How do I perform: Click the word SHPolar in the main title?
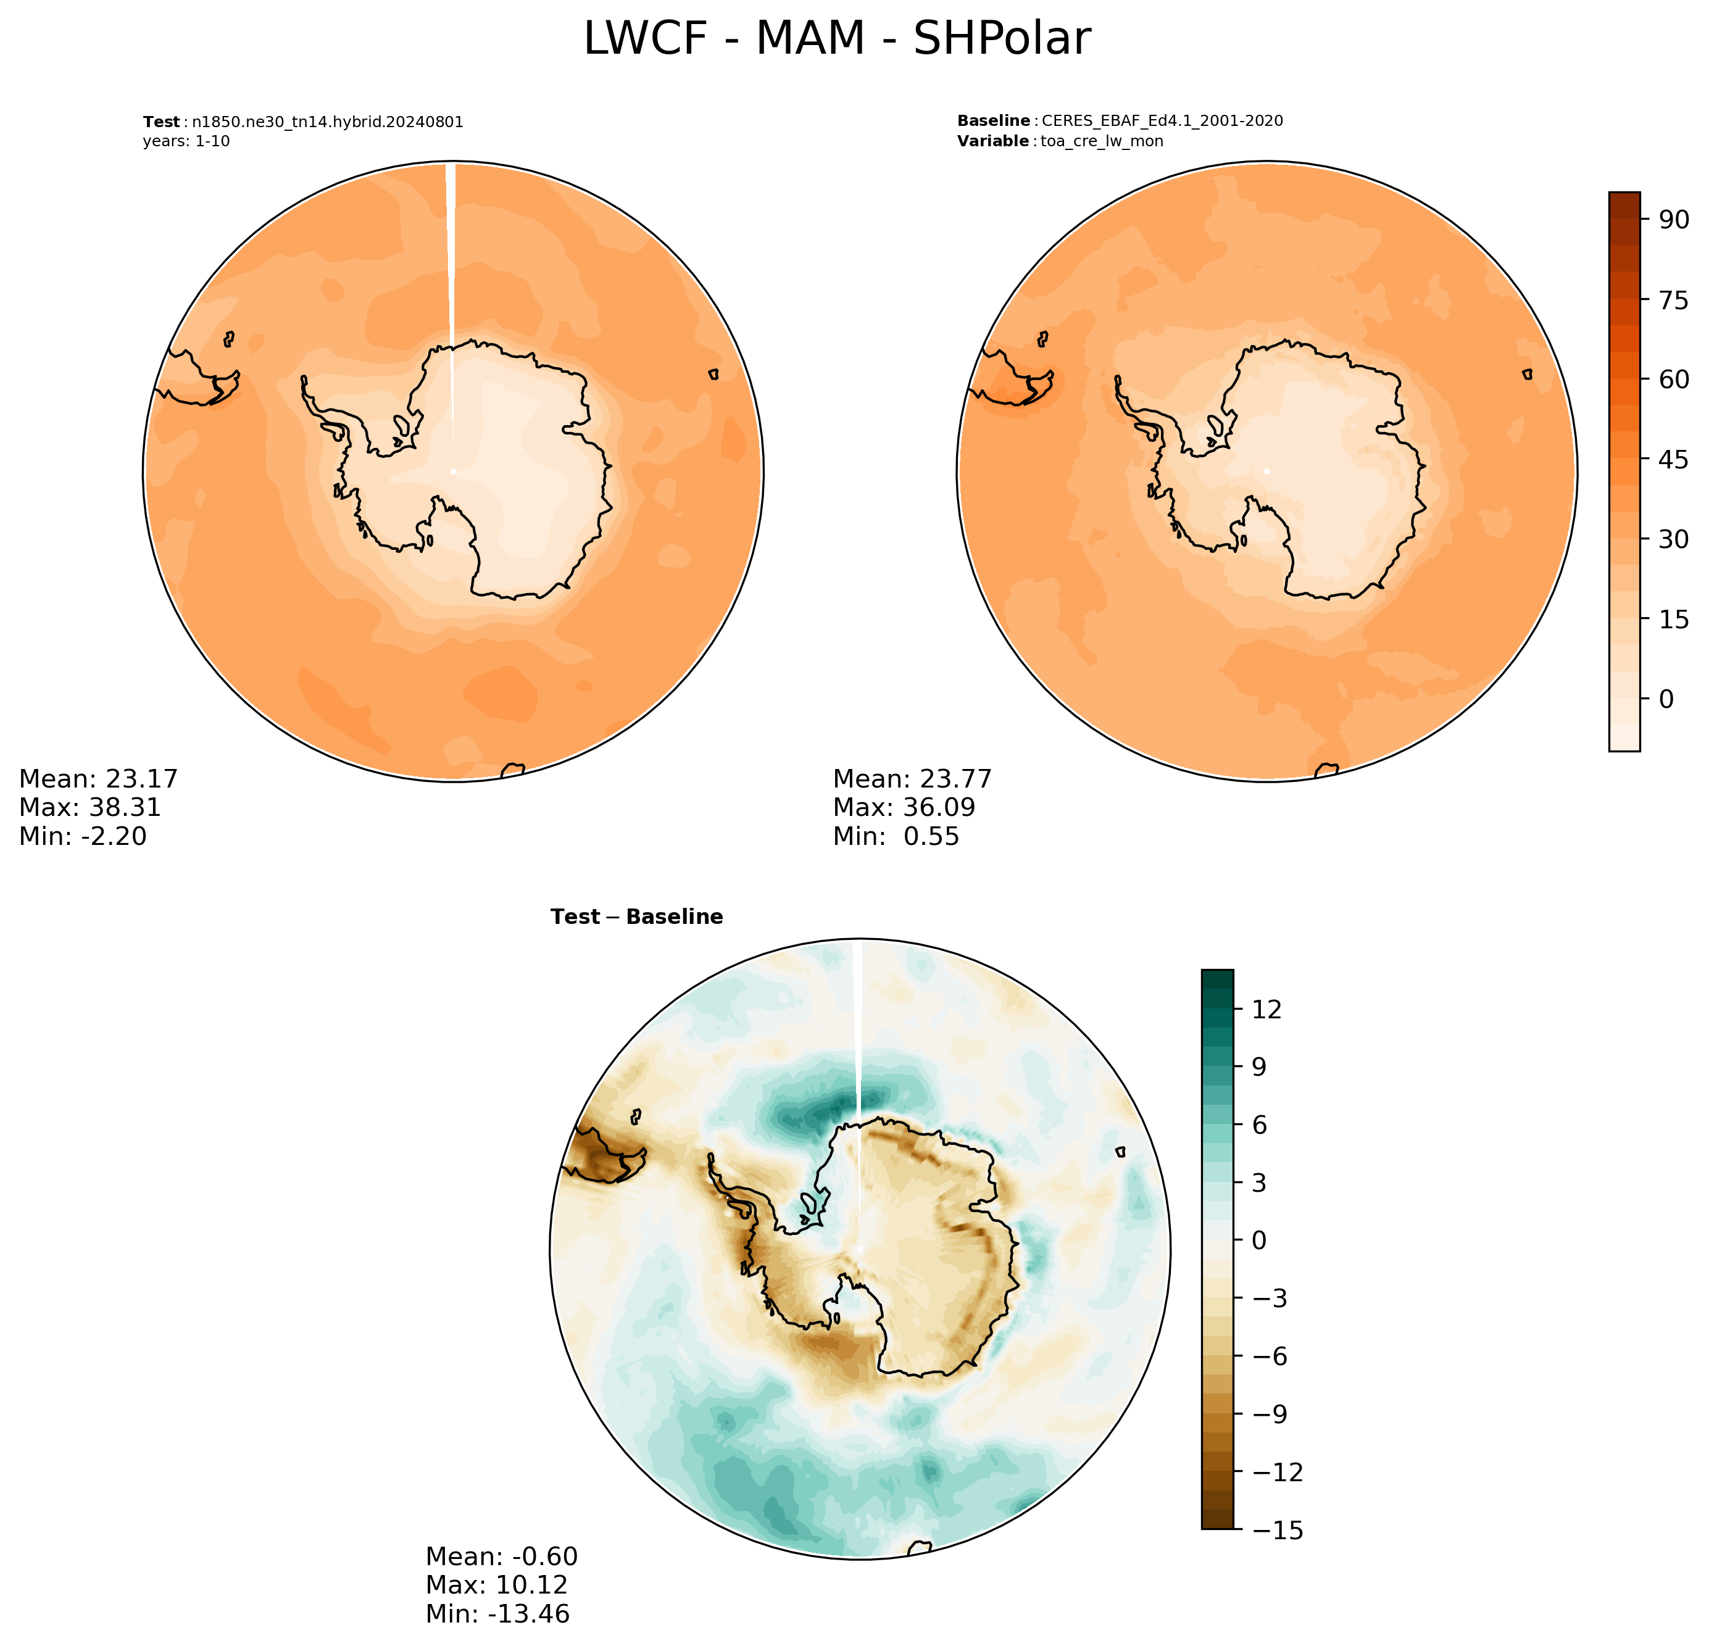[x=1002, y=39]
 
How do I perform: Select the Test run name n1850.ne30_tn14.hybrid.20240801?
[x=328, y=122]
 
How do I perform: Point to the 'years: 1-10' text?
[x=186, y=141]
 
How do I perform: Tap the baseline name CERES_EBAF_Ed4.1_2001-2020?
[x=1162, y=121]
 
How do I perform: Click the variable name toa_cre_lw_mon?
[x=1102, y=141]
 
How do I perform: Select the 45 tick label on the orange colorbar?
[x=1673, y=459]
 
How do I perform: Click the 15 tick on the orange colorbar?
[x=1673, y=619]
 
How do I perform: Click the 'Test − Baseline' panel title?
[x=636, y=917]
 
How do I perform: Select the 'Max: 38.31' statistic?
[x=91, y=807]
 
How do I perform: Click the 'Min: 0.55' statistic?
[x=896, y=836]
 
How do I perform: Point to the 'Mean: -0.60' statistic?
[x=501, y=1557]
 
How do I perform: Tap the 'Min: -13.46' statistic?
[x=498, y=1614]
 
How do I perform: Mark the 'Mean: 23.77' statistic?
[x=913, y=778]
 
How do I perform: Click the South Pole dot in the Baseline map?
[x=1267, y=472]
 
